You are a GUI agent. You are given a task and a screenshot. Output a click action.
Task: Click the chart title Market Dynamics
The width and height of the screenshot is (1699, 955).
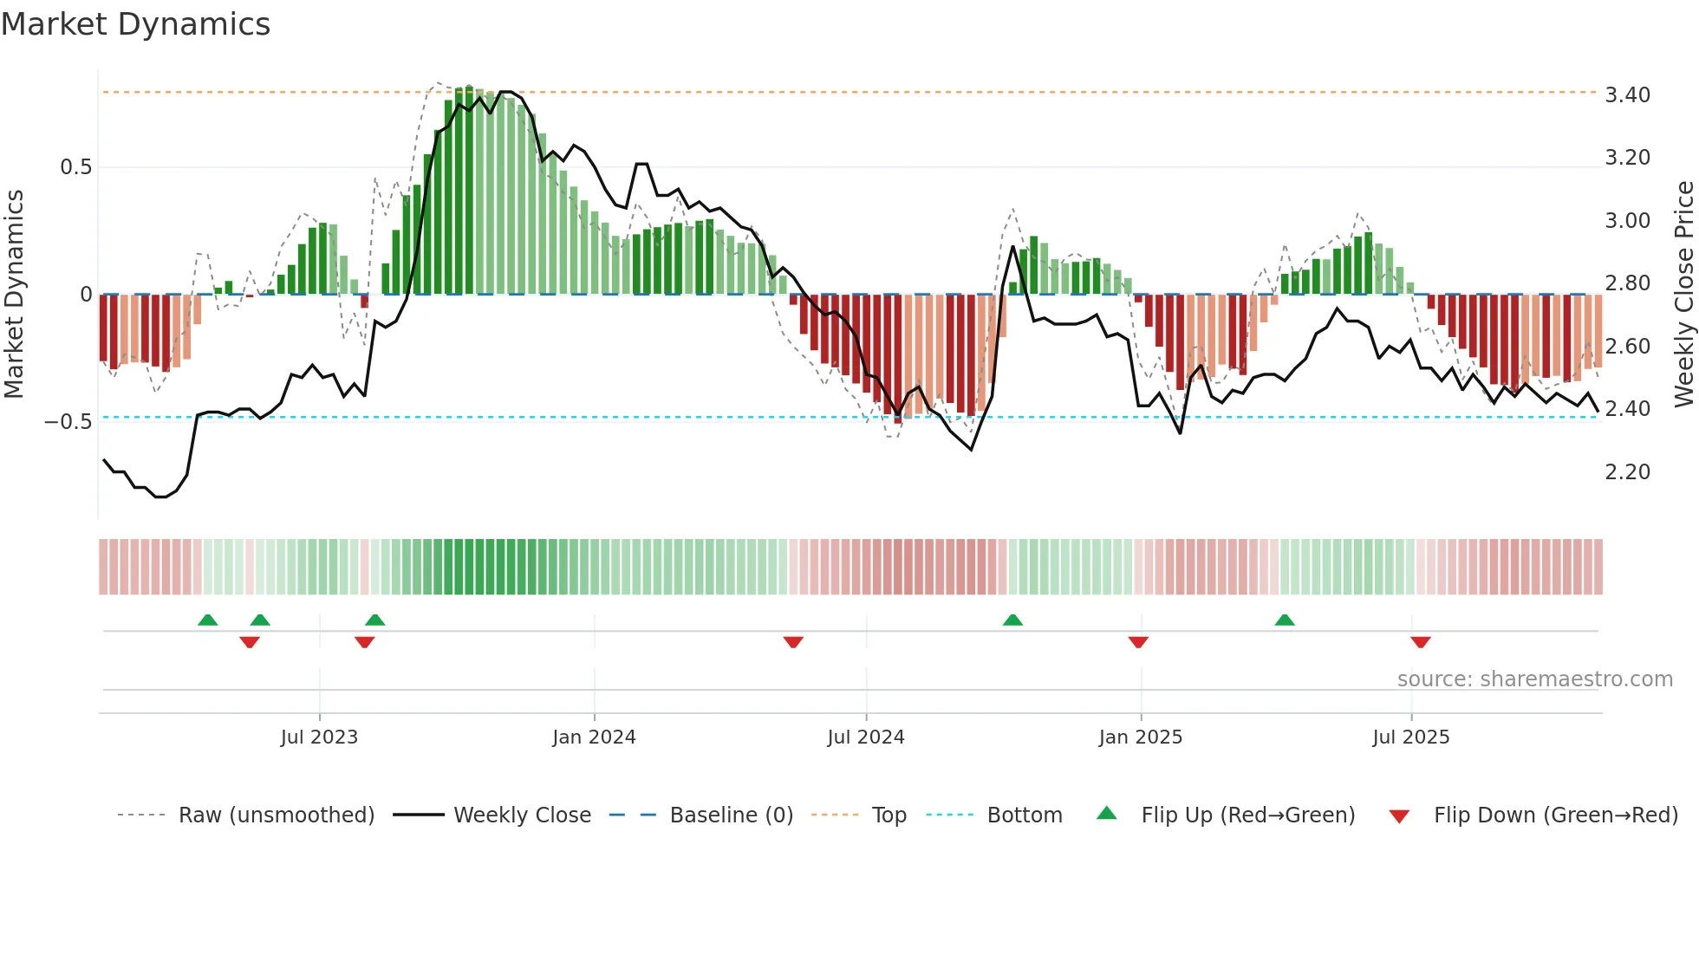click(136, 24)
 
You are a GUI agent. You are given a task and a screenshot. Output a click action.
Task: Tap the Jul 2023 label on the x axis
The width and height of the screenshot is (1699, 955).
click(319, 737)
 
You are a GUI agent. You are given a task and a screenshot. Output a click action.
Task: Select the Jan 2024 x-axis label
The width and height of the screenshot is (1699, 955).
click(594, 737)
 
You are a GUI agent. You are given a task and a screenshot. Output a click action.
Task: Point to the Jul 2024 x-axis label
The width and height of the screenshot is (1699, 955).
click(866, 737)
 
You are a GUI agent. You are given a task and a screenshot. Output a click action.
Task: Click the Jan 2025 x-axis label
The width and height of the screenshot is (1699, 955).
click(1140, 737)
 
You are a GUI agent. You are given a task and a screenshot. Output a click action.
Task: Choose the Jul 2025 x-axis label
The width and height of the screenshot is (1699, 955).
click(1410, 737)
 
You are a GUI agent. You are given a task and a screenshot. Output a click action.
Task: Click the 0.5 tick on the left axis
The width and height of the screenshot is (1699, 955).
click(75, 167)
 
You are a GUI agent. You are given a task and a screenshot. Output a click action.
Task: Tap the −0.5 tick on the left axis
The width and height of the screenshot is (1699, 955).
click(68, 422)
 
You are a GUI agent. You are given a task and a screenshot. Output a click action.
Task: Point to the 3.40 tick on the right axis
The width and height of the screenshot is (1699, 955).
click(1628, 95)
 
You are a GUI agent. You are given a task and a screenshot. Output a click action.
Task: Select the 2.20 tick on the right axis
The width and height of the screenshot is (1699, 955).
click(1628, 472)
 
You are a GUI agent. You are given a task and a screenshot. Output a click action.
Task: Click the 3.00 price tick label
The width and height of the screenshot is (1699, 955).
click(1628, 221)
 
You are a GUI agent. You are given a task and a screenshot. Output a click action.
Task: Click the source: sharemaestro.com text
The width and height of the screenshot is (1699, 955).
click(1534, 679)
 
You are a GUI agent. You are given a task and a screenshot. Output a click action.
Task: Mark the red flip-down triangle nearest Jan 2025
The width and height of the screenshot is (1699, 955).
click(1138, 642)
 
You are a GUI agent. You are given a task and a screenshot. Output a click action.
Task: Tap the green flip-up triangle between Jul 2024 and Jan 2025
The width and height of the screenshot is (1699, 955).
click(1012, 620)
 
